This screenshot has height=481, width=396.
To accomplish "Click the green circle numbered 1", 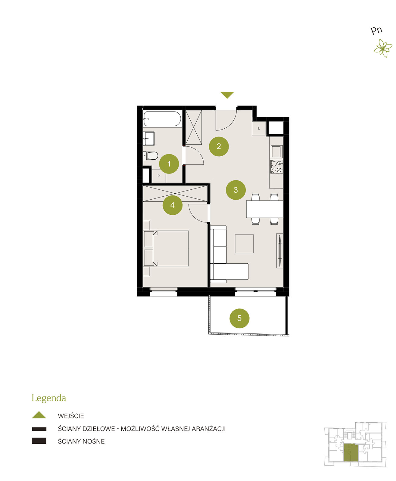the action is [x=169, y=164].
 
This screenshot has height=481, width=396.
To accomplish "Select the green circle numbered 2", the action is [x=219, y=146].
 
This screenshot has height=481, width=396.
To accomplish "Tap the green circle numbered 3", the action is [x=235, y=190].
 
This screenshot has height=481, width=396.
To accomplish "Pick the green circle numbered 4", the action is [x=172, y=205].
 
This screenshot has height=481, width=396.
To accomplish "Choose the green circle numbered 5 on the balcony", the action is [x=239, y=318].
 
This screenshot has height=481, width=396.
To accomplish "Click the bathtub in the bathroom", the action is [x=162, y=118].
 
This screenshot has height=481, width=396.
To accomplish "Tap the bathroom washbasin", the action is [x=149, y=138].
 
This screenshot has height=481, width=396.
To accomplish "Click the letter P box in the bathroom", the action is [x=159, y=176].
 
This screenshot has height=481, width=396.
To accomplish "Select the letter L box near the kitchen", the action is [x=259, y=128].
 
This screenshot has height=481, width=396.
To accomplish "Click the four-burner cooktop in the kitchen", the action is [x=277, y=167].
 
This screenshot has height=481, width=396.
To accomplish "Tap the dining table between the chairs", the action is [x=265, y=209].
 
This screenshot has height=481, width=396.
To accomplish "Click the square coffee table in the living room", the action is [x=244, y=244].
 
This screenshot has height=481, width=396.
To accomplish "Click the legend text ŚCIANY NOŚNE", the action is [x=81, y=441].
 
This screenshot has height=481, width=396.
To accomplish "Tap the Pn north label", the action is [x=376, y=30].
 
